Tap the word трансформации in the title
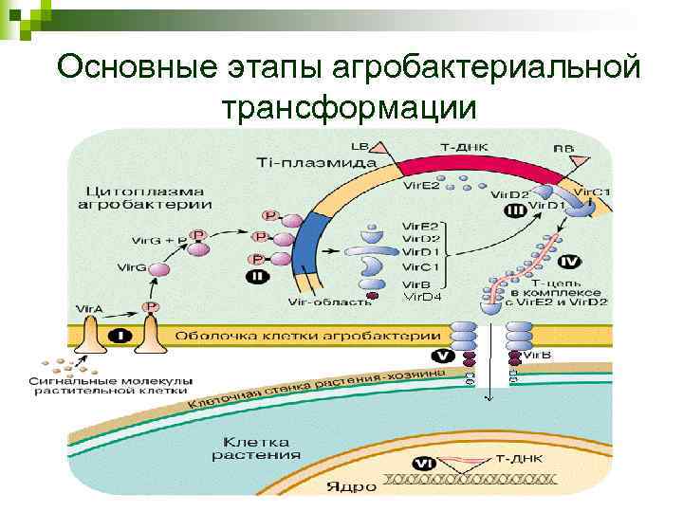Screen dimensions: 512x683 [348, 107]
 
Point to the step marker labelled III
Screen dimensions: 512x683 [515, 210]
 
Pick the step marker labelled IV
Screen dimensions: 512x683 [570, 260]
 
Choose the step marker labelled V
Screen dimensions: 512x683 [442, 357]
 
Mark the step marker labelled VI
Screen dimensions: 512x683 [424, 464]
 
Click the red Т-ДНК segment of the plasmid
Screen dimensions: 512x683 [465, 166]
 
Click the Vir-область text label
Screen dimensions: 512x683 [322, 302]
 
